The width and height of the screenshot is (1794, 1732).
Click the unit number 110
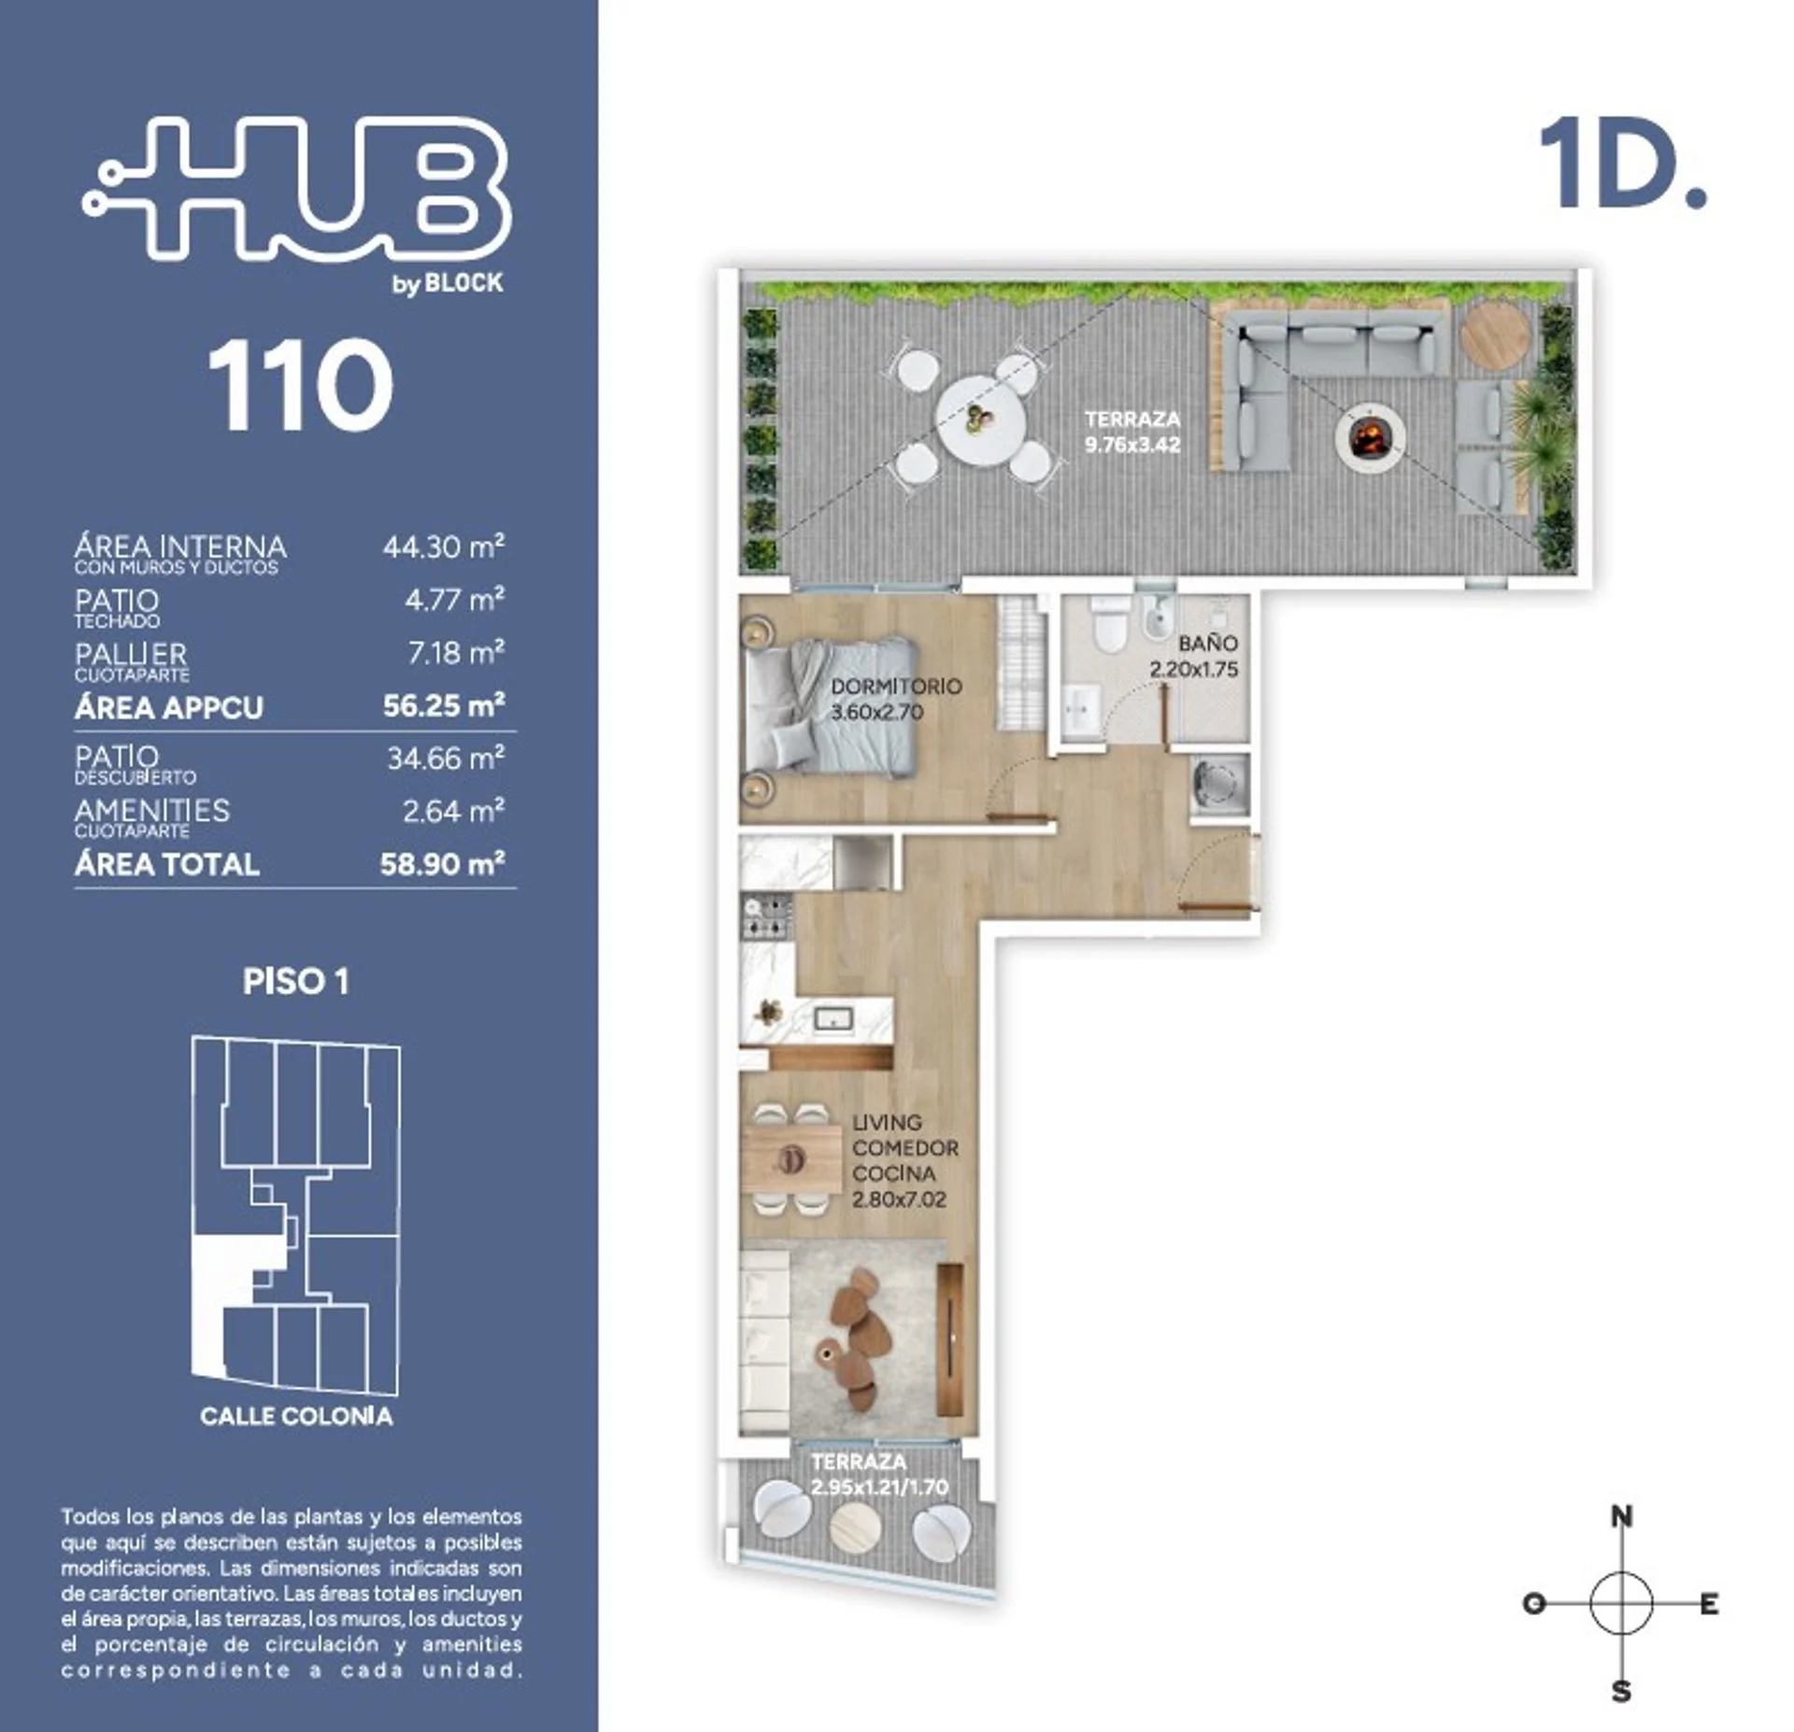[300, 385]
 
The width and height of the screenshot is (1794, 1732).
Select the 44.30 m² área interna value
[444, 547]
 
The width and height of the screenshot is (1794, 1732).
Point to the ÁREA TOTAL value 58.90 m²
[443, 863]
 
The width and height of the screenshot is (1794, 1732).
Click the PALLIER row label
[131, 654]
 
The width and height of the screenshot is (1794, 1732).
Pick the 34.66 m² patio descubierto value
[446, 758]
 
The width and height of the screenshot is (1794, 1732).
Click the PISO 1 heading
[296, 981]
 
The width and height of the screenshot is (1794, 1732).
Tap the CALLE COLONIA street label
[296, 1416]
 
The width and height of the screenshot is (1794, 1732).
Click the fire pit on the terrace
[1370, 435]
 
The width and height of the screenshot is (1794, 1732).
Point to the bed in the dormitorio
[830, 707]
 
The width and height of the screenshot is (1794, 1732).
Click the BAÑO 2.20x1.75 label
[1194, 656]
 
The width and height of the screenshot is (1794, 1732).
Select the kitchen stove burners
[767, 916]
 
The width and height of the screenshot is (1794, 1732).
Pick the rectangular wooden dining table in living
[791, 1159]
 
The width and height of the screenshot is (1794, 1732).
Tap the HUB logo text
[297, 188]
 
